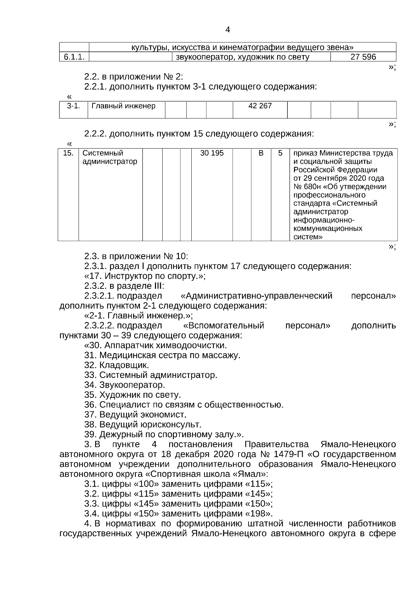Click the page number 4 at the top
point(227,30)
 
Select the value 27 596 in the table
point(363,57)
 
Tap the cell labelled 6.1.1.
point(74,57)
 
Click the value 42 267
point(260,106)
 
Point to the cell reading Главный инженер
point(123,106)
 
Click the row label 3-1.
point(73,106)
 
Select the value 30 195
point(212,153)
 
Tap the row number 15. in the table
point(68,153)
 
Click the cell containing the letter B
point(261,153)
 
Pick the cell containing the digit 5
point(280,153)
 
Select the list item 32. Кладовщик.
point(116,365)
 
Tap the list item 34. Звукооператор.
point(124,385)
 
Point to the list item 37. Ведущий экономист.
point(135,414)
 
